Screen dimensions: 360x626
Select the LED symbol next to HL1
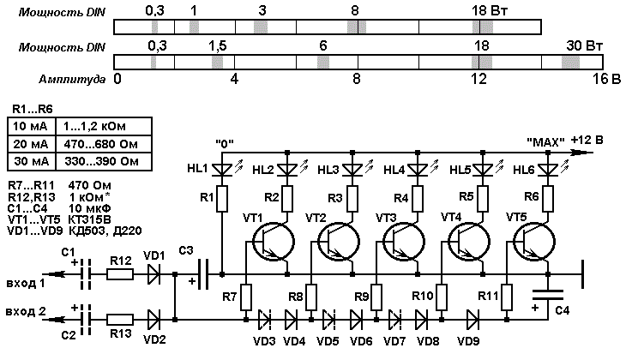click(x=221, y=170)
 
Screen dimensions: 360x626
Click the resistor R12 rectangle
click(x=119, y=274)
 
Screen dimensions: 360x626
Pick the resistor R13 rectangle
click(x=119, y=320)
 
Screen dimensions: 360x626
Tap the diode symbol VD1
click(x=153, y=274)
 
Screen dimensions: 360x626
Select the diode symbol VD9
click(x=473, y=320)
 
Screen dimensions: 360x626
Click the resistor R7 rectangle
click(x=246, y=297)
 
